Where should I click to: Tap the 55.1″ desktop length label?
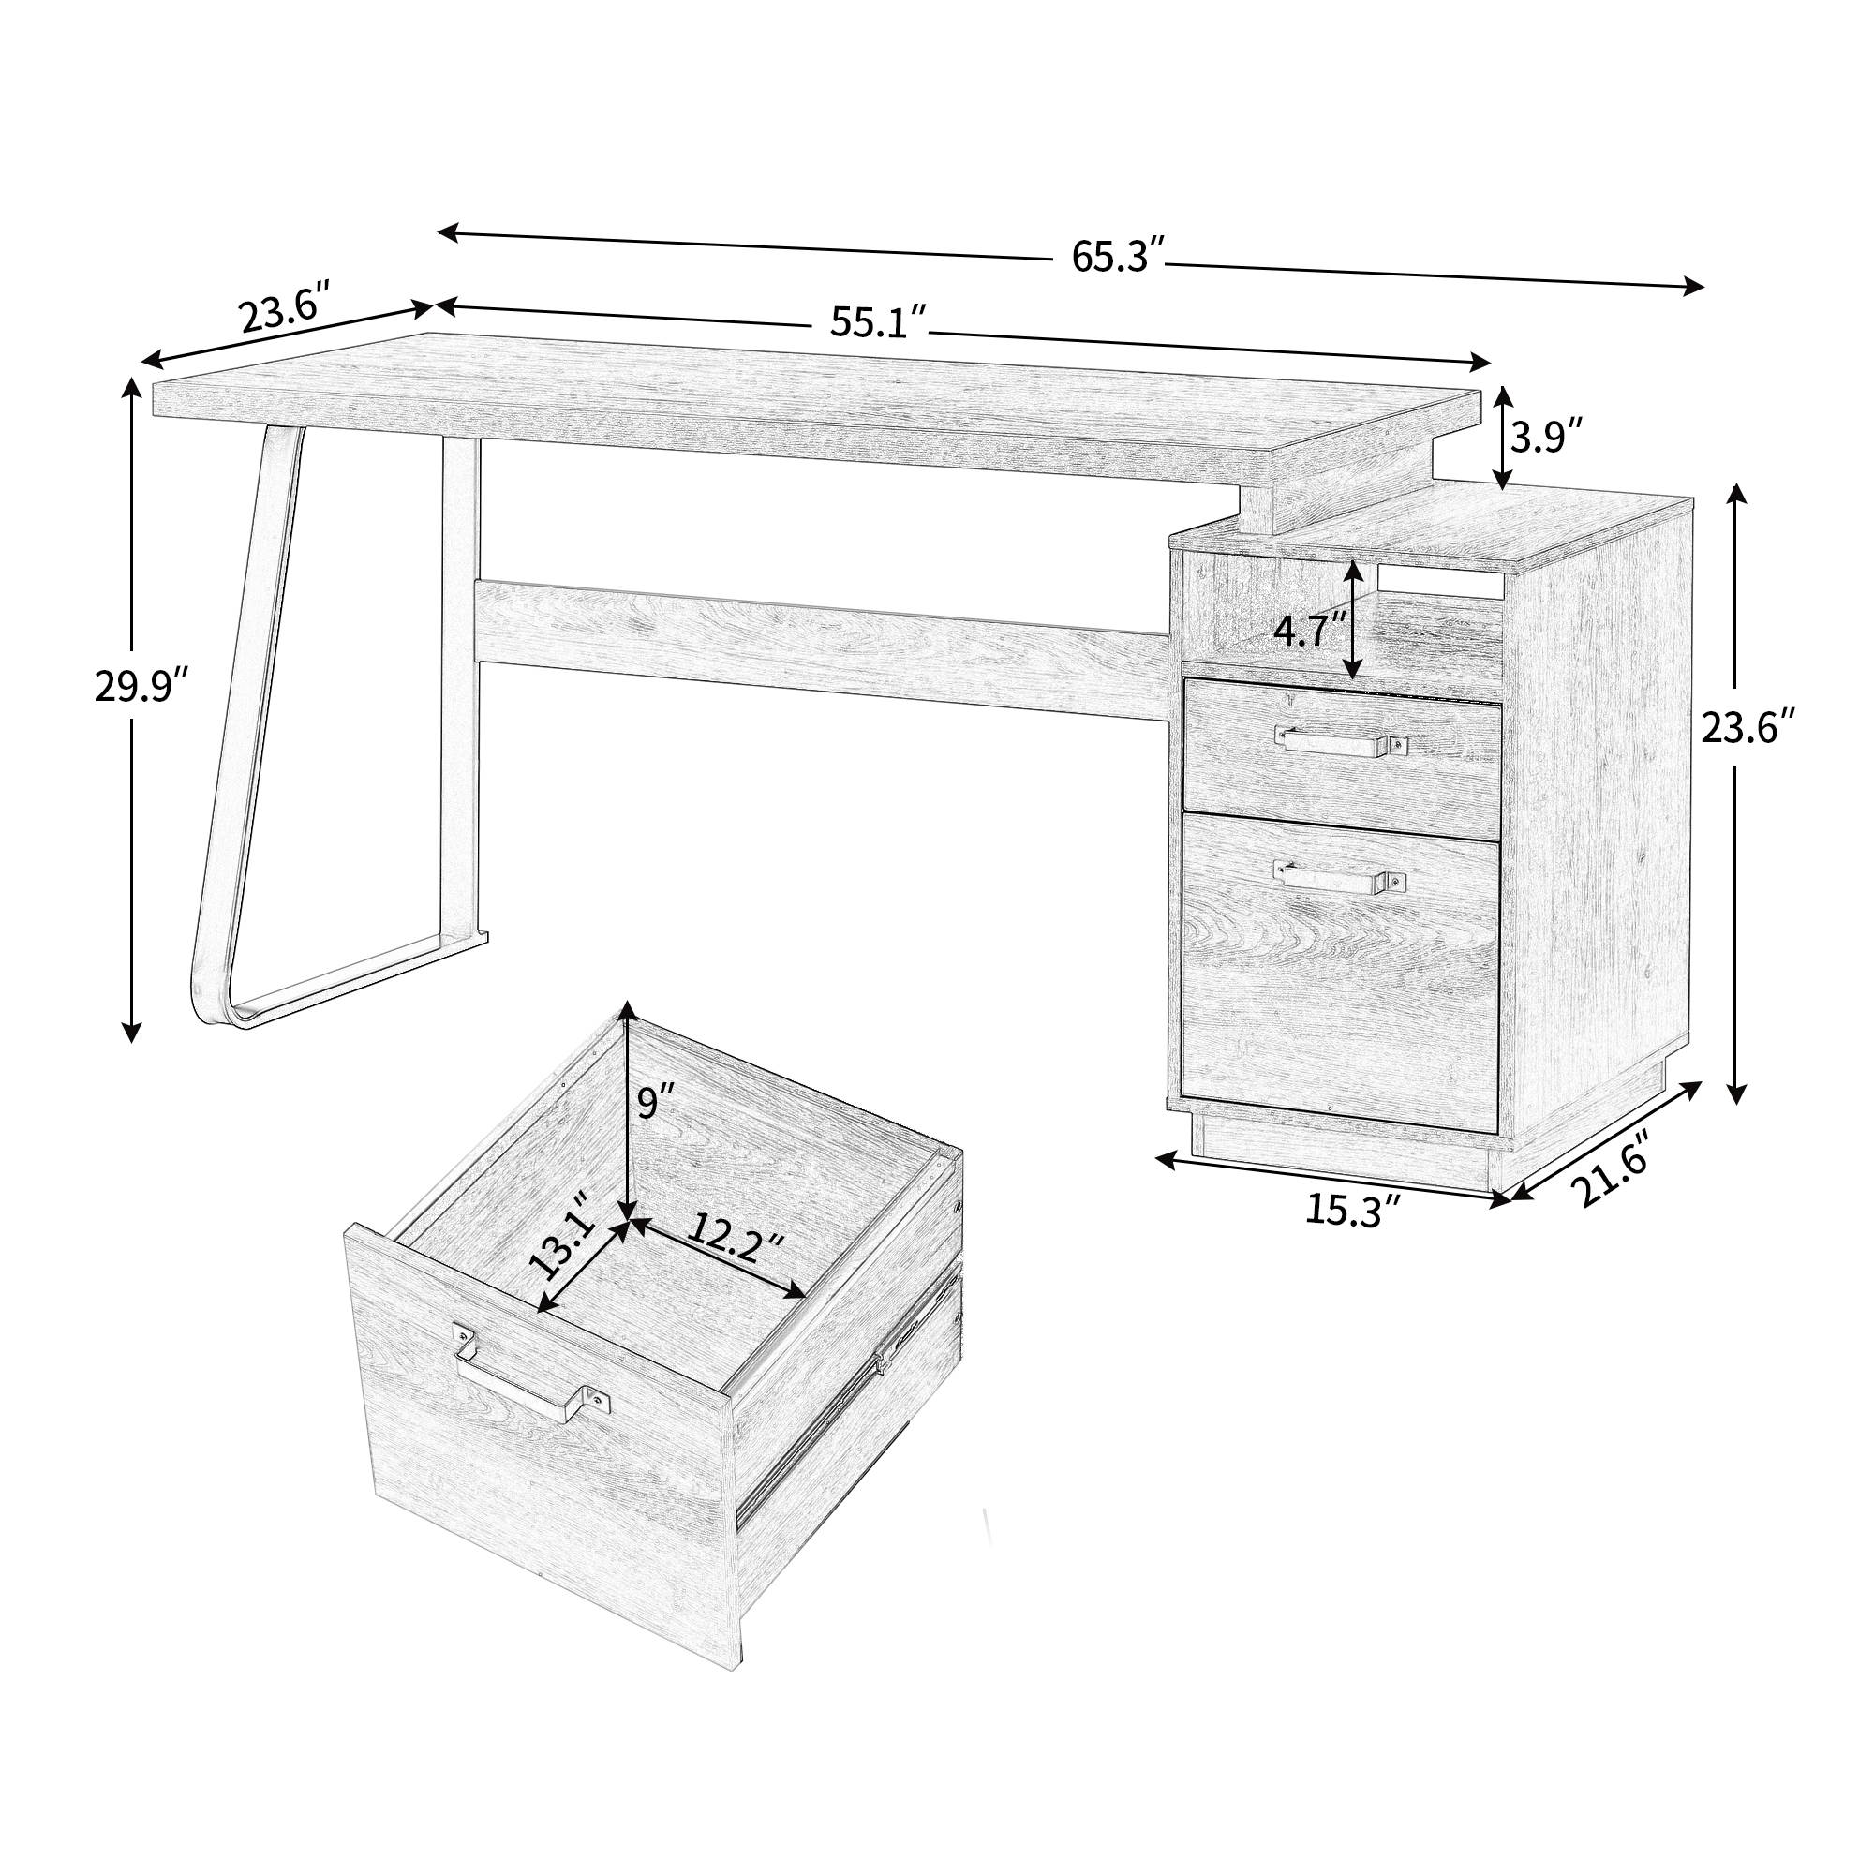878,322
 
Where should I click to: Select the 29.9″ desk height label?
140,687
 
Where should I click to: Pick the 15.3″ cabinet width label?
1354,1211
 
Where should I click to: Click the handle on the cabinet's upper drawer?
1341,741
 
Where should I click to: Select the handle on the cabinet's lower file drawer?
1341,877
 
